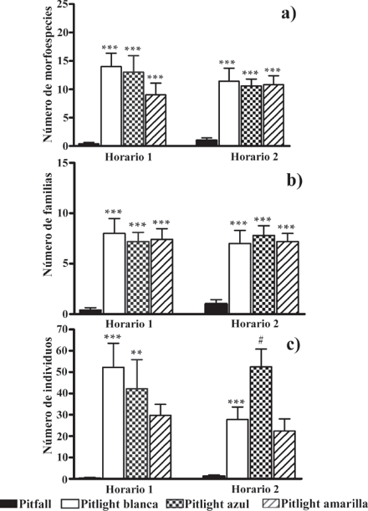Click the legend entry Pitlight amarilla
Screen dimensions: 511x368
click(323, 503)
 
